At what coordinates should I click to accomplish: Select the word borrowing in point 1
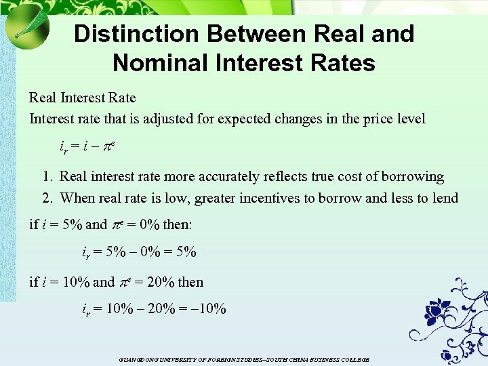(409, 177)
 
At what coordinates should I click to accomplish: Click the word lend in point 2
(445, 198)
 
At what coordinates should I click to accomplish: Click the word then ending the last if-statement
(190, 282)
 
